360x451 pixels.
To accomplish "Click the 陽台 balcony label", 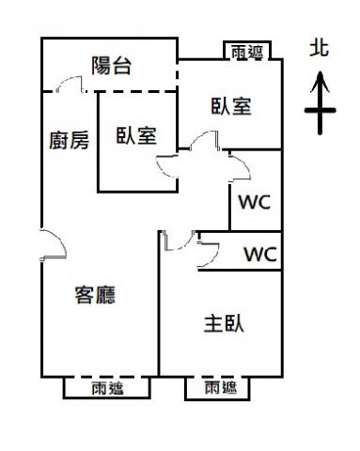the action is click(111, 66).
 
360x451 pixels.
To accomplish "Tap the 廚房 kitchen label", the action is click(70, 140).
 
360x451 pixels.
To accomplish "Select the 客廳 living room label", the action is click(95, 295).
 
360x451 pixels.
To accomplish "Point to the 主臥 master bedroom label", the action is click(224, 323).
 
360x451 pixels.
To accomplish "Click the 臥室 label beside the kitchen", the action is click(136, 135).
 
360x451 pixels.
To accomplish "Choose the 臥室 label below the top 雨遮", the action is click(231, 106).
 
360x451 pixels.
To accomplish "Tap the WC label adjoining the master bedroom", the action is click(260, 254).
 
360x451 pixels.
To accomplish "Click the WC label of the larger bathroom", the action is click(255, 202).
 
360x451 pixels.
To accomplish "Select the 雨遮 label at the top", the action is click(247, 52).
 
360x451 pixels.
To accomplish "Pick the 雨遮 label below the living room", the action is click(108, 389).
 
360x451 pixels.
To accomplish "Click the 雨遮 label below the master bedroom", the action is click(221, 387).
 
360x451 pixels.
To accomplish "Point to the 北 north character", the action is click(320, 48).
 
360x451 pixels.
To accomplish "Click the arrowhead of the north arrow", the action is click(320, 82).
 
